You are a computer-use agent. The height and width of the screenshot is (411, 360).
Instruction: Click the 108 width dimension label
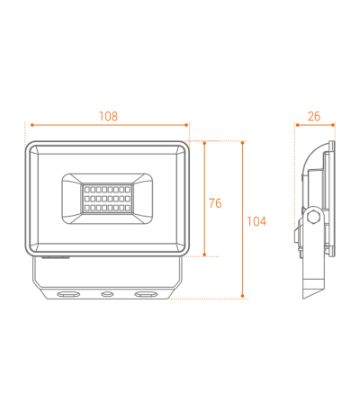[109, 116]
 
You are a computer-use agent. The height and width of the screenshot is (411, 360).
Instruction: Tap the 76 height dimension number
[215, 203]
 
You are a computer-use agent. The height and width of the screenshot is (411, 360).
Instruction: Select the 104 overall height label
[256, 221]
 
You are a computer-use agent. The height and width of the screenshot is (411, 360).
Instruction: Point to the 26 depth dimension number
[314, 116]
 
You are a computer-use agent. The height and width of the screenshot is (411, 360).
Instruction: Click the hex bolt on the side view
[314, 217]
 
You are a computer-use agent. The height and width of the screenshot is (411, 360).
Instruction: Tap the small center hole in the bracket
[106, 294]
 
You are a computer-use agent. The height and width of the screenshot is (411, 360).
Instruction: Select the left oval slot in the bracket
[68, 294]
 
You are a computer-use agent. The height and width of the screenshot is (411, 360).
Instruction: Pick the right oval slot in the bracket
[146, 294]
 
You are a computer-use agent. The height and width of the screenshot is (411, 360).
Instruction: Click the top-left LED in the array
[87, 190]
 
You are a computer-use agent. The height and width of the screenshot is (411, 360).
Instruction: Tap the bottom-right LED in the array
[128, 208]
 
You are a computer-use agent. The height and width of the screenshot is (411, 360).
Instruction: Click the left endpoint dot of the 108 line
[31, 125]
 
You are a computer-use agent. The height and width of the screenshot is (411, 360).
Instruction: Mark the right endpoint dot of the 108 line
[186, 125]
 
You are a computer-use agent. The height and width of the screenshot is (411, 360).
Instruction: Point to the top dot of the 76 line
[204, 143]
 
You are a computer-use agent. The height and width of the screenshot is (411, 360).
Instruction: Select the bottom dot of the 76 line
[204, 255]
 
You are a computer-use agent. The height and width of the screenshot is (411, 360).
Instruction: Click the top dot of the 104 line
[243, 143]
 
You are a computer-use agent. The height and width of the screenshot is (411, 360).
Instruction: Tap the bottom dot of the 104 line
[243, 296]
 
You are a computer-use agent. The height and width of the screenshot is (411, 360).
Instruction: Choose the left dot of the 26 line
[298, 125]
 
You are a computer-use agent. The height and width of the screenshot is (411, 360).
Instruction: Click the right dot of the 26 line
[333, 125]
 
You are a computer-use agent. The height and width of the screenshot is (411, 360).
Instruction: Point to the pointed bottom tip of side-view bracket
[303, 299]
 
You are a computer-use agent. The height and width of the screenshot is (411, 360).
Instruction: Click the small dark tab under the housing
[56, 257]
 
